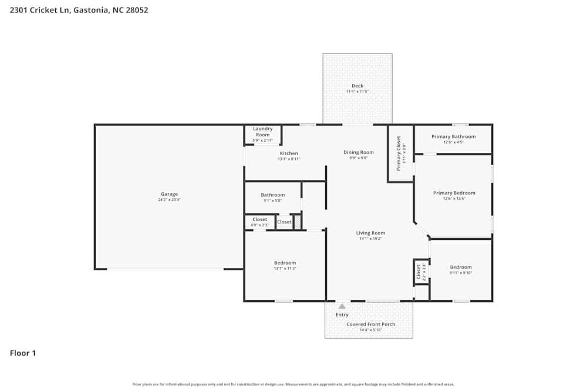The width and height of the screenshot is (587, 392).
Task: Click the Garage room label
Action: click(169, 194)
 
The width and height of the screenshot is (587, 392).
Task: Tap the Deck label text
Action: click(357, 86)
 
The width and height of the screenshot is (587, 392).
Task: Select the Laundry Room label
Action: click(262, 132)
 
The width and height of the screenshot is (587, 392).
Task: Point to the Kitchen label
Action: click(289, 153)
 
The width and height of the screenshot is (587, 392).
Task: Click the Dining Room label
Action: click(358, 152)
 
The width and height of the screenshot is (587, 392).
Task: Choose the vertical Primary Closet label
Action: click(399, 153)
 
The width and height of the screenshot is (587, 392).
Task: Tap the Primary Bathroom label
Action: click(453, 136)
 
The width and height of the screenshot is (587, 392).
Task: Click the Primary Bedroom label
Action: click(454, 193)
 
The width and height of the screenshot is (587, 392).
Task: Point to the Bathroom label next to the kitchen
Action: click(272, 195)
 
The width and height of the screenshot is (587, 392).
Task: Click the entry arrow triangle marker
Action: click(342, 306)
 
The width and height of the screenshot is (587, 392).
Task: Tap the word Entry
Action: click(342, 315)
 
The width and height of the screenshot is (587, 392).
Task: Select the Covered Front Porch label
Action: click(370, 324)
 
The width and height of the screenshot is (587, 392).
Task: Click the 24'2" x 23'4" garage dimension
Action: click(169, 200)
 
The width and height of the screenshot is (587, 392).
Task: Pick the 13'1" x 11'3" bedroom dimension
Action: click(285, 269)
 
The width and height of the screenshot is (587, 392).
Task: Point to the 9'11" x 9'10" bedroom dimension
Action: click(461, 273)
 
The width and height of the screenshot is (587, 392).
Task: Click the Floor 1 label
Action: click(23, 353)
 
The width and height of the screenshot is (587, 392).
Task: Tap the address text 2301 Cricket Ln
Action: click(40, 10)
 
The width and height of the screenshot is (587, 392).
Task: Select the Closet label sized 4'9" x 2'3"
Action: click(259, 219)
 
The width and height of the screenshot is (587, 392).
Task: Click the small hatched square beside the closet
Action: click(298, 222)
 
